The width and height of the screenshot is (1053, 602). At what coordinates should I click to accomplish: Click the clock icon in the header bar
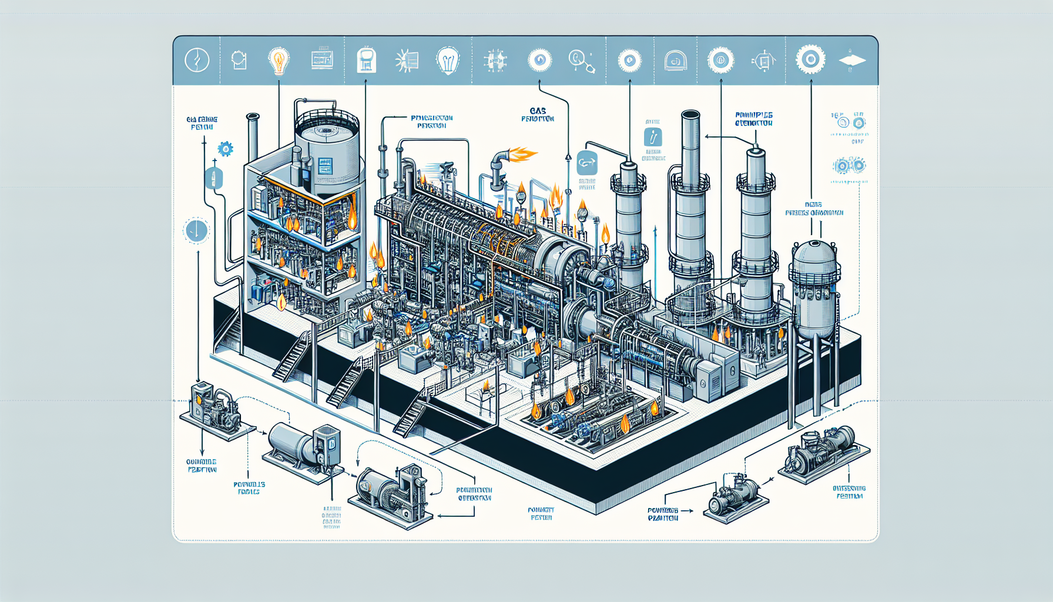click(197, 60)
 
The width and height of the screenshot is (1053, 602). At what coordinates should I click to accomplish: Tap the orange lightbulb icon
click(279, 60)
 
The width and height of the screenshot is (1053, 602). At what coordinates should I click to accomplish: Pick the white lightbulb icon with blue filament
click(448, 60)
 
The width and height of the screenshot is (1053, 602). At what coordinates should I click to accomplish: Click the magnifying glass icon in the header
click(581, 61)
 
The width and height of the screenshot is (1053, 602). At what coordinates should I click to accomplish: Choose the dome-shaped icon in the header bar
click(675, 61)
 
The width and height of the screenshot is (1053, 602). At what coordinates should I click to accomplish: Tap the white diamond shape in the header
click(852, 61)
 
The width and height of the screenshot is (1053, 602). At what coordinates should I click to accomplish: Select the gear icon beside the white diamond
click(810, 59)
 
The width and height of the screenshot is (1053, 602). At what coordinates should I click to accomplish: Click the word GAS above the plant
click(538, 111)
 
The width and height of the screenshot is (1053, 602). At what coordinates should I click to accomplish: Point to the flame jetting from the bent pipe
click(522, 155)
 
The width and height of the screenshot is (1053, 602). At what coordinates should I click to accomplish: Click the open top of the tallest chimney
click(690, 114)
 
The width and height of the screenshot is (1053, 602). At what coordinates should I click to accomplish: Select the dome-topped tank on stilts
click(814, 288)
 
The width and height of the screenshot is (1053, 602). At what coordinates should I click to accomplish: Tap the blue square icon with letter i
click(653, 138)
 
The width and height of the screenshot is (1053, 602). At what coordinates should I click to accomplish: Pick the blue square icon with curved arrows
click(587, 163)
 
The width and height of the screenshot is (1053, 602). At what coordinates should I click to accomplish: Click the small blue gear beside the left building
click(225, 149)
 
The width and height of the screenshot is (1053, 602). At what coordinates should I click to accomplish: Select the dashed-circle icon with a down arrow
click(196, 230)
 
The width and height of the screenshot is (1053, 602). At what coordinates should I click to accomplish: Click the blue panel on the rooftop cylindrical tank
click(324, 166)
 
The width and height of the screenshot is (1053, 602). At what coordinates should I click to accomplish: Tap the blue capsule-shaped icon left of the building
click(213, 178)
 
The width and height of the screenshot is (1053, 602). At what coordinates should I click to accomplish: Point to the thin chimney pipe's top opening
click(253, 116)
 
